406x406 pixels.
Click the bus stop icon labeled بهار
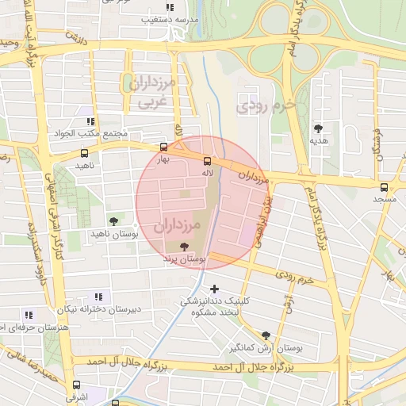pyautogui.click(x=163, y=147)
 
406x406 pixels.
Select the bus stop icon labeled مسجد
pyautogui.click(x=385, y=188)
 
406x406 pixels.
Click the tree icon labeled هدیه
pyautogui.click(x=318, y=127)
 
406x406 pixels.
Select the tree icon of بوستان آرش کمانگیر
pyautogui.click(x=266, y=335)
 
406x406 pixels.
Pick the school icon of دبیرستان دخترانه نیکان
pyautogui.click(x=98, y=296)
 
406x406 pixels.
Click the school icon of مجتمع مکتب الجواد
pyautogui.click(x=91, y=121)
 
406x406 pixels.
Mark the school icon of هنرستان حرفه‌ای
pyautogui.click(x=29, y=314)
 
